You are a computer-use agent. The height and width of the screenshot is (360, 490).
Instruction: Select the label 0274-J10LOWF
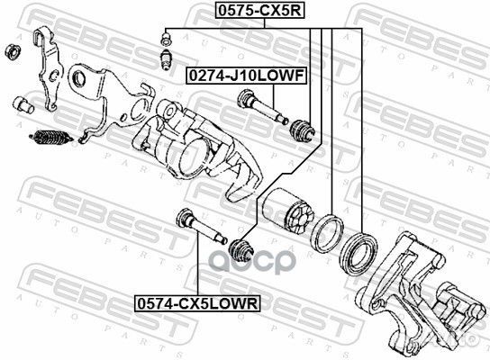coord(245,79)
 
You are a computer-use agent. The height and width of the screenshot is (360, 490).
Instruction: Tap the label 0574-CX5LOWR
coord(196,303)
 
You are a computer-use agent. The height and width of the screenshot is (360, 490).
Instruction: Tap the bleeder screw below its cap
coord(164,59)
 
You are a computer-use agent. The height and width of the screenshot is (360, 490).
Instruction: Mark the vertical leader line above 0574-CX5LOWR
coord(196,270)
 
